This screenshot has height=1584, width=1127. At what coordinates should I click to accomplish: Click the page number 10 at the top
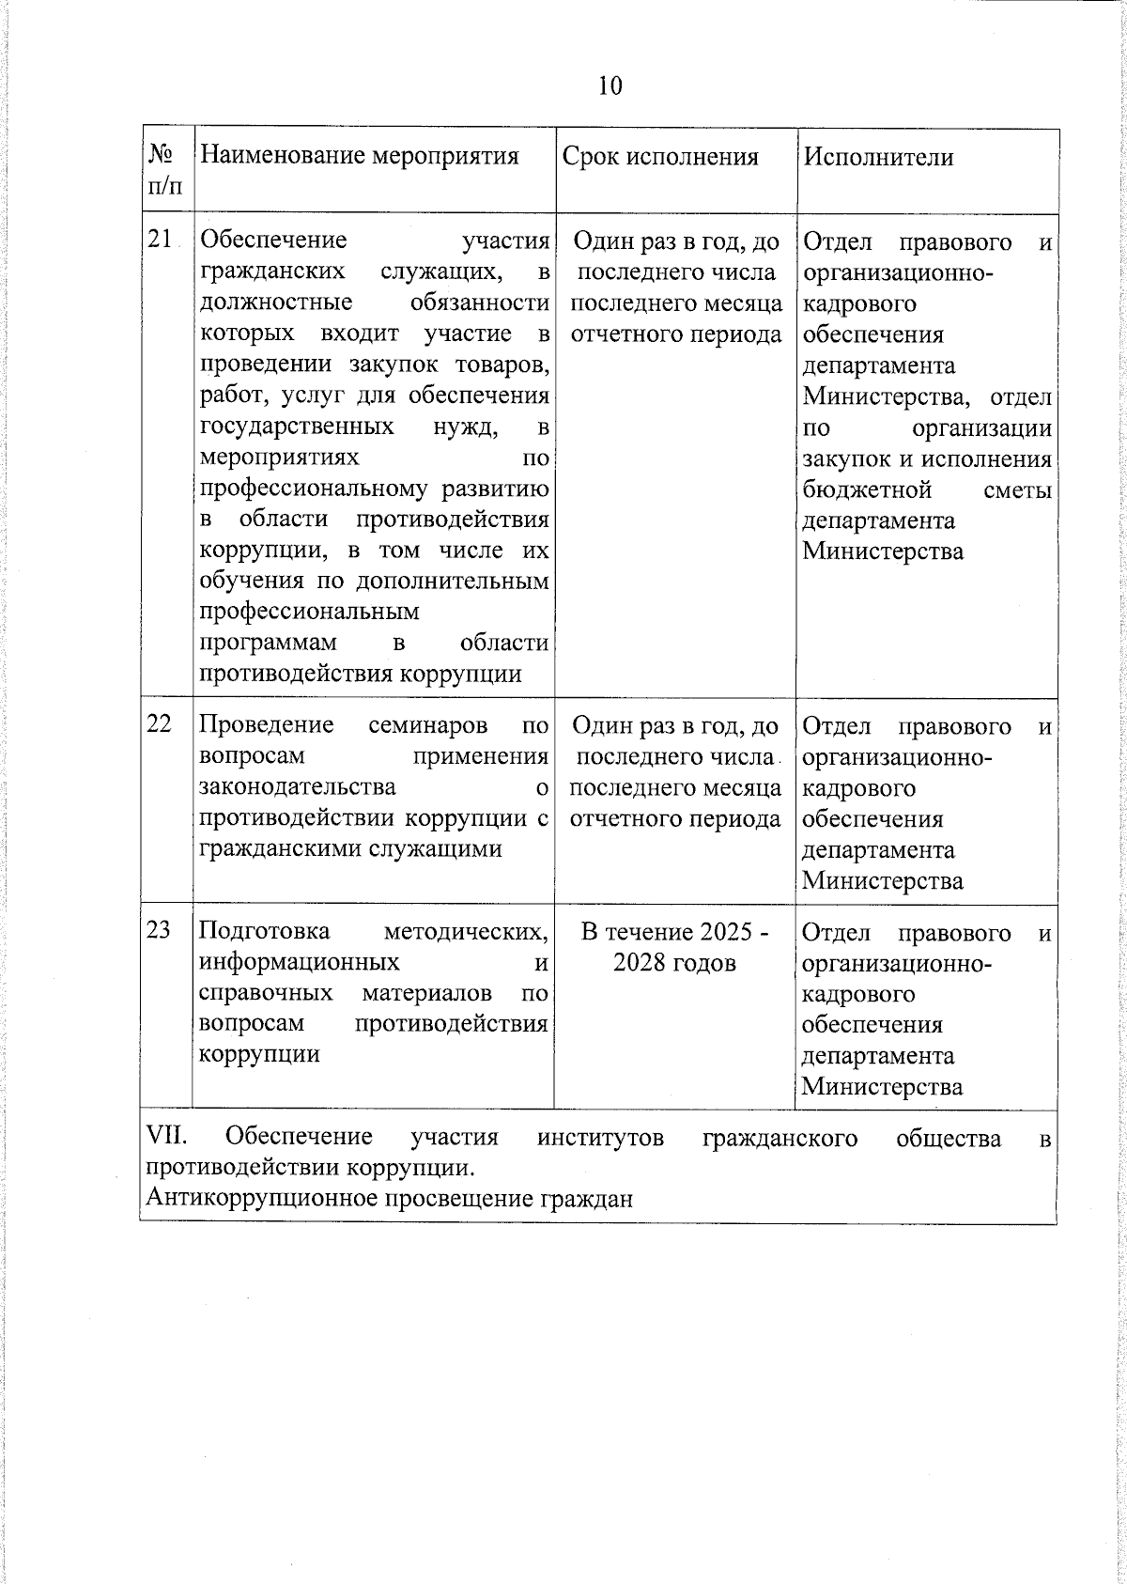click(610, 86)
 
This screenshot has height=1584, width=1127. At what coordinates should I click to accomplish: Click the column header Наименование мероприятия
click(360, 156)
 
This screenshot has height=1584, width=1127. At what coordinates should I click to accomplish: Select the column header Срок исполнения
click(659, 157)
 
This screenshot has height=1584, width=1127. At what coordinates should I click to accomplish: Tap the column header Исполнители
click(878, 157)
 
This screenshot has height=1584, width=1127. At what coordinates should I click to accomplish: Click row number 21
click(160, 240)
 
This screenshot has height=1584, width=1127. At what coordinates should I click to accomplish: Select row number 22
click(160, 723)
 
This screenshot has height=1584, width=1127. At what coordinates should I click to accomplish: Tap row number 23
click(160, 929)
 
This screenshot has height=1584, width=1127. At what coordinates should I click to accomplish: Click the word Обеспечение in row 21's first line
click(273, 241)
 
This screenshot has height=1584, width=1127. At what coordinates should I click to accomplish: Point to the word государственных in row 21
click(297, 427)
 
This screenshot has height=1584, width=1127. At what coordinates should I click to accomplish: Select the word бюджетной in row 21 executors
click(867, 489)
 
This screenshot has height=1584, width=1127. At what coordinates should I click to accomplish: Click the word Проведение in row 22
click(267, 724)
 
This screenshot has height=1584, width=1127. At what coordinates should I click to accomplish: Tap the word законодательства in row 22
click(297, 786)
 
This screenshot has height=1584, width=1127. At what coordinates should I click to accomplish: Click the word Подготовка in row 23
click(264, 931)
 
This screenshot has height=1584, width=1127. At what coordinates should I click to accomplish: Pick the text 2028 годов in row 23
click(674, 963)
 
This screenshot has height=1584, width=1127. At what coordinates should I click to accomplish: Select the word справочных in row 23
click(266, 993)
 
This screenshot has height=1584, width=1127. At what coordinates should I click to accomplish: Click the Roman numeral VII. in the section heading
click(167, 1137)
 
